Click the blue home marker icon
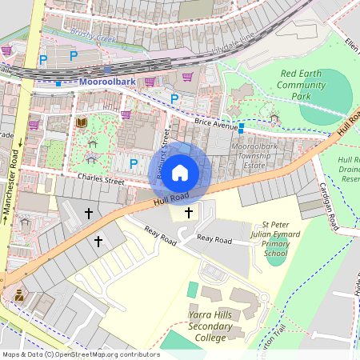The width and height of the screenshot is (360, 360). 180,171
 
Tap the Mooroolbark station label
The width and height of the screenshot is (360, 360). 106,82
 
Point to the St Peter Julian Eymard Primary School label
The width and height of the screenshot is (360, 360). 275,239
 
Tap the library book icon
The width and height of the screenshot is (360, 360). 82,122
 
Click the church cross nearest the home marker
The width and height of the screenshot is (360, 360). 189,212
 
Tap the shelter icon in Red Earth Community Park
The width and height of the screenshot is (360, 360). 274,118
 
